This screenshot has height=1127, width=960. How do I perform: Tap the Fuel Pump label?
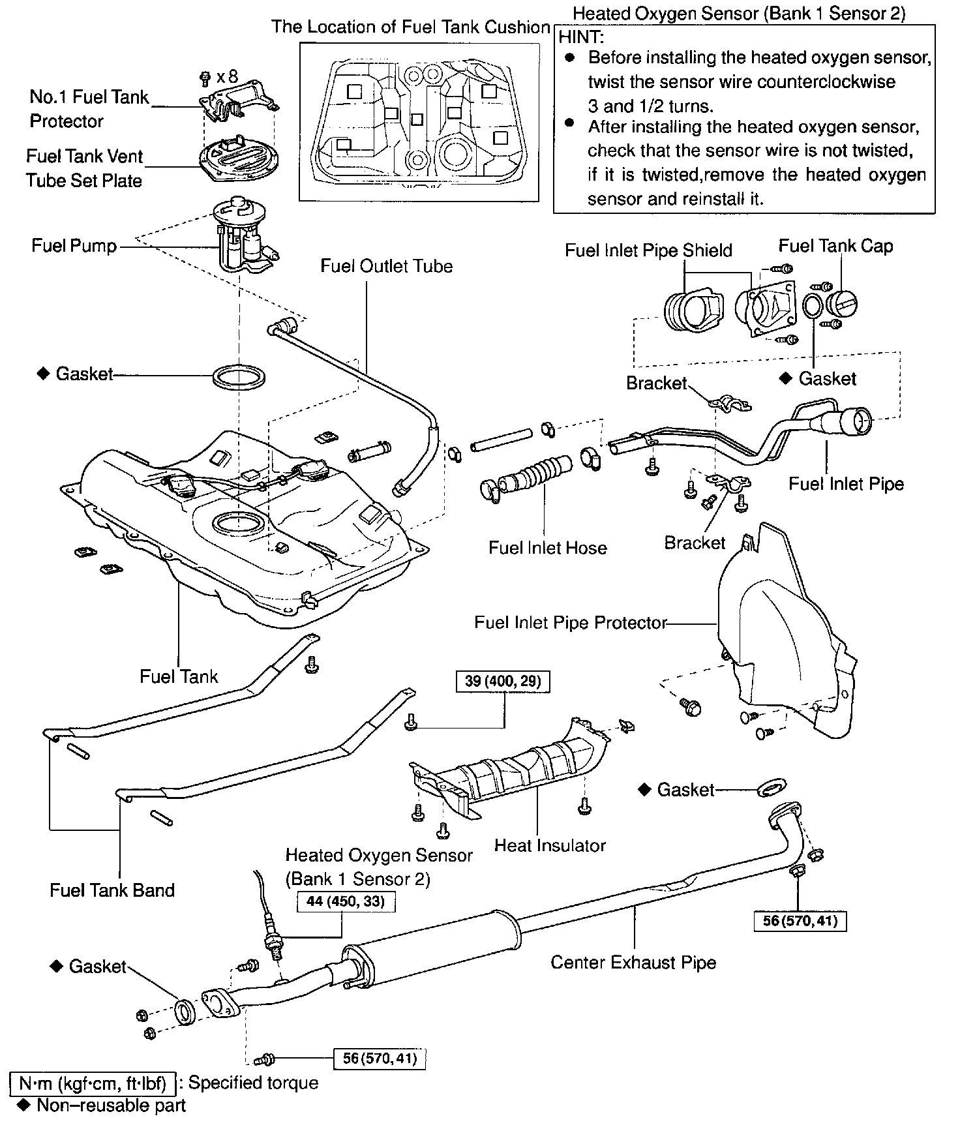(x=74, y=246)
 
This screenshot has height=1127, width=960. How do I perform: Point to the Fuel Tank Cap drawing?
(x=841, y=304)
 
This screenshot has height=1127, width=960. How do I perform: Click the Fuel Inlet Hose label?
(x=547, y=548)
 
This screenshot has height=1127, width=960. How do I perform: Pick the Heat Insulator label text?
(x=550, y=845)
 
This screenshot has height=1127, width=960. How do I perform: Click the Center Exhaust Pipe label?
(x=633, y=963)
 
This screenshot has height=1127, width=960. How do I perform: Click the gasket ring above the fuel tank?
(x=239, y=377)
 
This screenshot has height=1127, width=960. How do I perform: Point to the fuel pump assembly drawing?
(x=245, y=238)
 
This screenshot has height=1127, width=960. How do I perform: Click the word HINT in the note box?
(x=582, y=37)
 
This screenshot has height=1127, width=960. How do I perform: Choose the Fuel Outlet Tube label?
(x=386, y=266)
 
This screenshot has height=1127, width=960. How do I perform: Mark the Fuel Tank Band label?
(x=112, y=891)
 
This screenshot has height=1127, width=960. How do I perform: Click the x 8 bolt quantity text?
(x=227, y=77)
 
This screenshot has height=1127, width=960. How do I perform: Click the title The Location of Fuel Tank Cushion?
(x=411, y=27)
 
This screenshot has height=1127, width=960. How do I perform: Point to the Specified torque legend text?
(x=253, y=1083)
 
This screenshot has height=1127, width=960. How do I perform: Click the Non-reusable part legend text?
(x=111, y=1105)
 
